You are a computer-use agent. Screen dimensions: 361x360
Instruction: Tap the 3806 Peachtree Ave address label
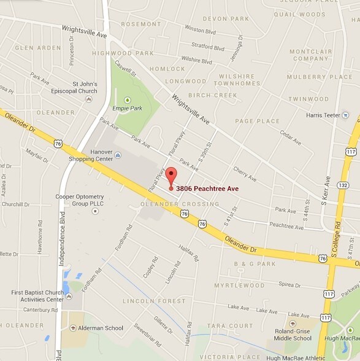pyautogui.click(x=207, y=188)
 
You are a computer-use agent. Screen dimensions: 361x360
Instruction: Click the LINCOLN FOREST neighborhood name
pyautogui.click(x=155, y=301)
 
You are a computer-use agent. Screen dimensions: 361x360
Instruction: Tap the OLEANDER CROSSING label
pyautogui.click(x=180, y=204)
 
